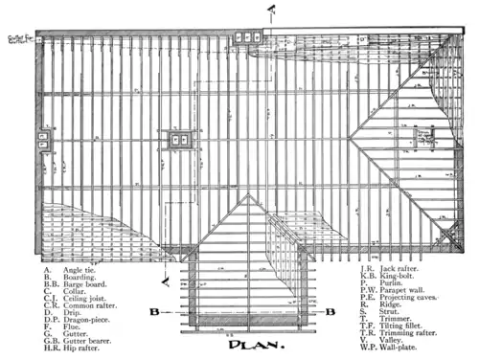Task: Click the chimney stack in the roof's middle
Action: point(178,139)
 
